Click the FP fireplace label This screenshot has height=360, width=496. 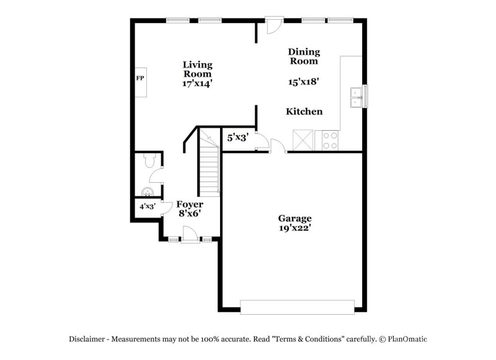140,79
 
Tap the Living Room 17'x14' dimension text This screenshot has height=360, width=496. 197,83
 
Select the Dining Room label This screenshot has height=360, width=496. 304,56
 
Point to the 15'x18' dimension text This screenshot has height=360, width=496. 304,81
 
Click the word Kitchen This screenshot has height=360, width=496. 304,112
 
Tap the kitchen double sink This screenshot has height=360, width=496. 356,97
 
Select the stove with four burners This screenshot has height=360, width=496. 330,141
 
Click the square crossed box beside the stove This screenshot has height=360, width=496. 303,140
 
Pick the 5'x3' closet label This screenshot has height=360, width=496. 237,138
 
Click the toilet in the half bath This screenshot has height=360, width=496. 147,162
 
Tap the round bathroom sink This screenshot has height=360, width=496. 148,191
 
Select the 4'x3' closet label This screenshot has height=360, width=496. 148,207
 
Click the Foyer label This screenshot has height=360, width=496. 190,204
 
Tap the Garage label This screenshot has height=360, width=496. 294,218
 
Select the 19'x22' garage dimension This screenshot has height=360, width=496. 294,227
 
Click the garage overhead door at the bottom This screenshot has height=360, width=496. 297,307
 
